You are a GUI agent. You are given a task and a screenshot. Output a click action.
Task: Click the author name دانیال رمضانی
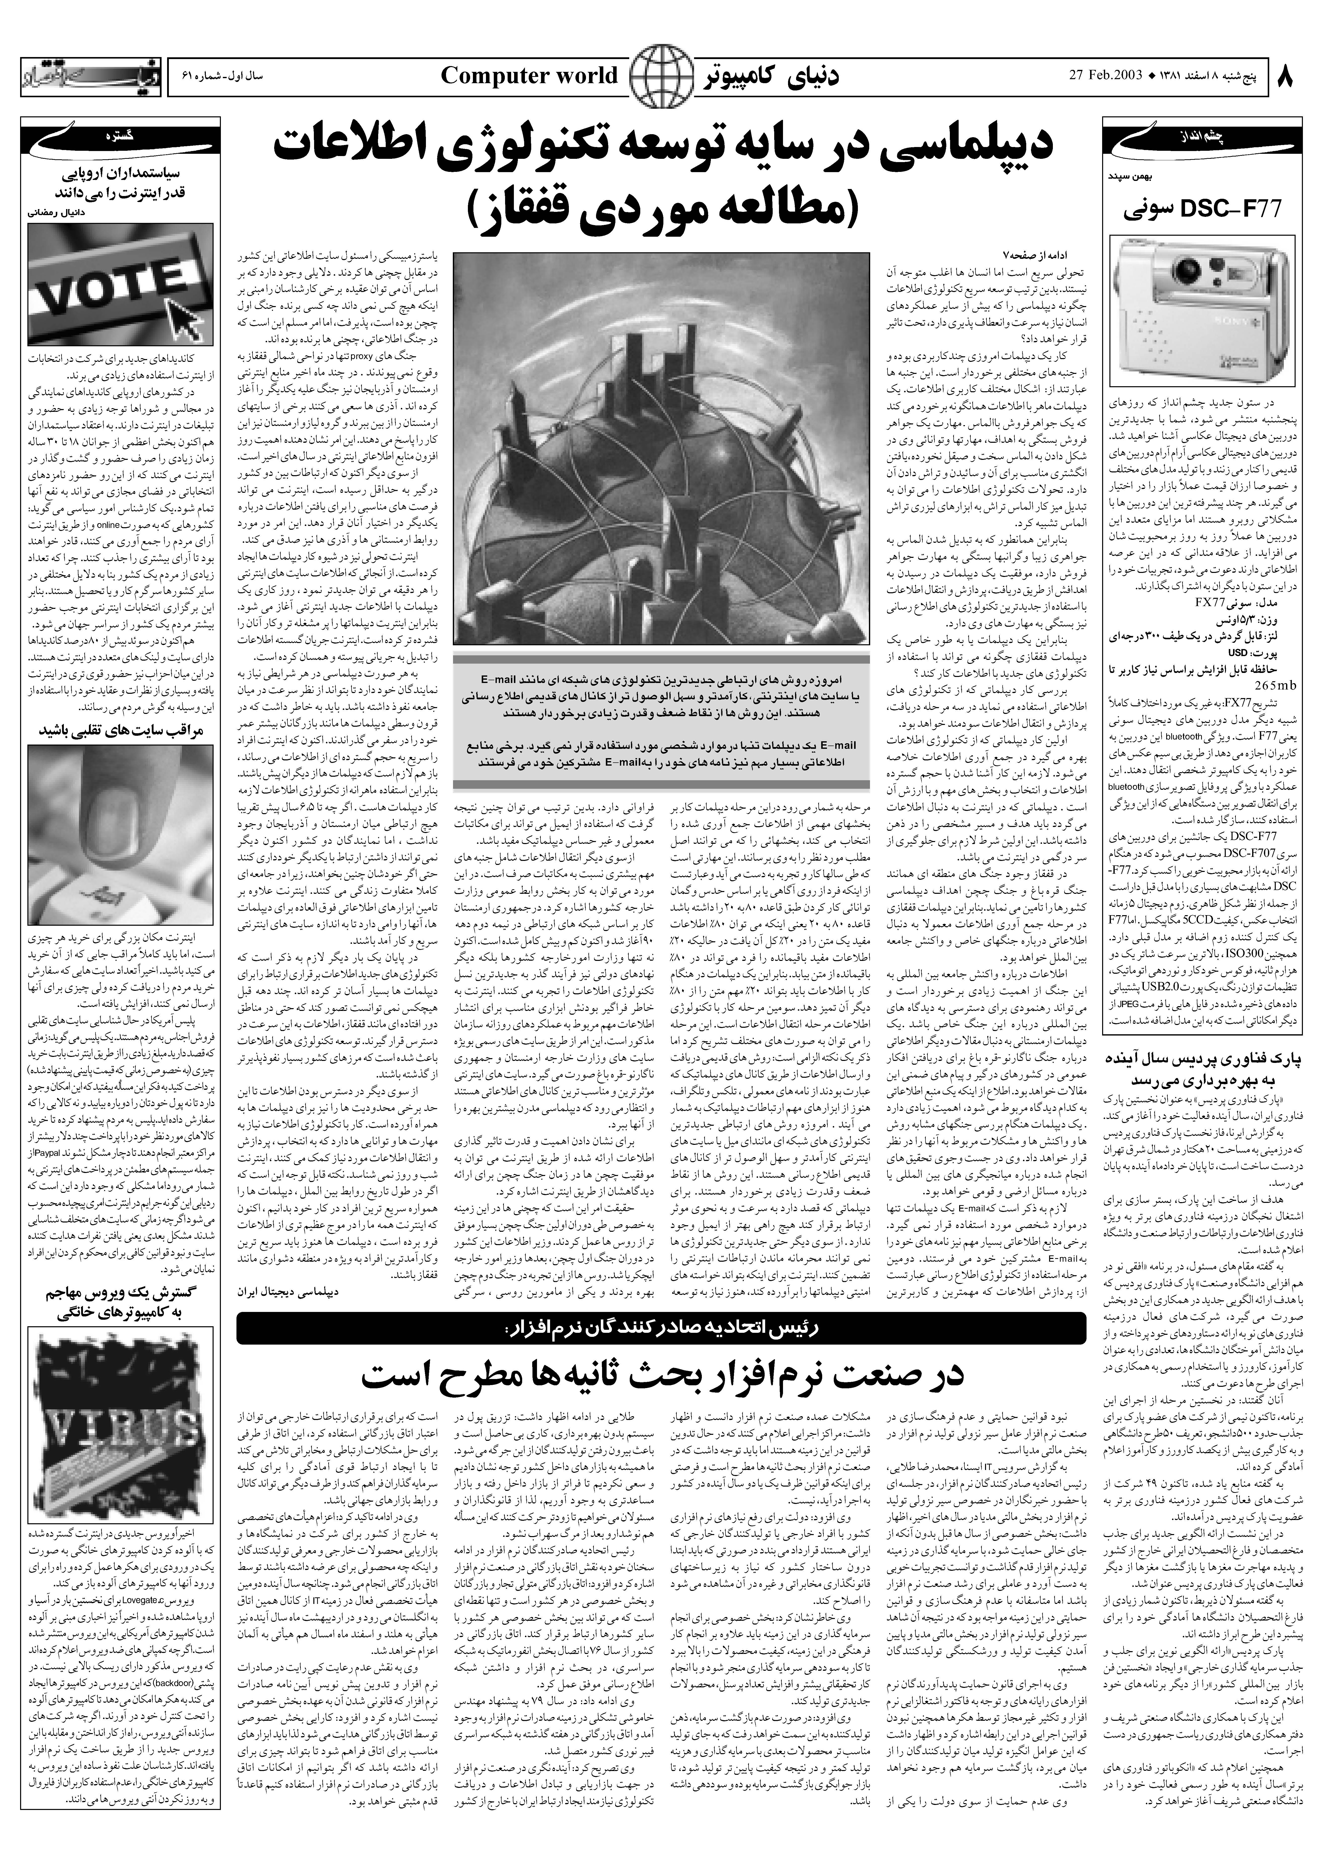(x=57, y=210)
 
